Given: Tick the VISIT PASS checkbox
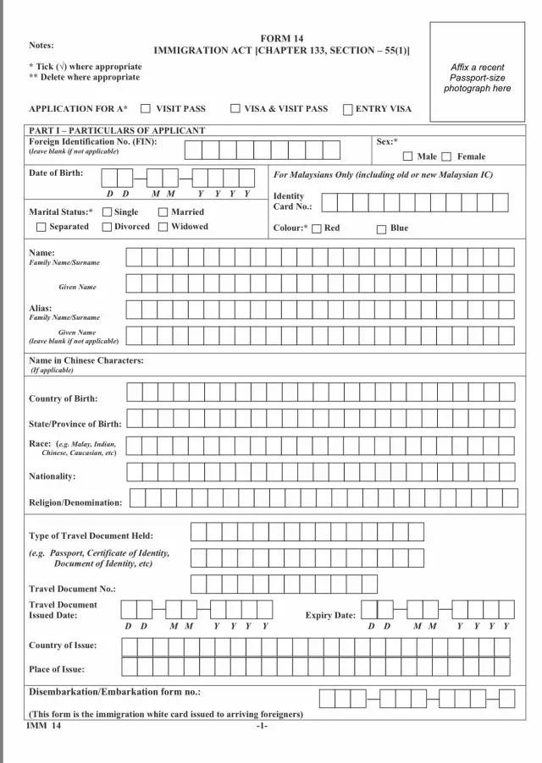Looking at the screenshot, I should point(146,109).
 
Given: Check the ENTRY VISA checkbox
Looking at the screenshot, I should point(348,109).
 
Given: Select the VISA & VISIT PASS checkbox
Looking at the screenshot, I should point(235,109).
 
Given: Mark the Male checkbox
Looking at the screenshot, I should point(407,156).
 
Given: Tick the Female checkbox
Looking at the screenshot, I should point(446,156).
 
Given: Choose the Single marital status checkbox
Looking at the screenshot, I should point(107,212).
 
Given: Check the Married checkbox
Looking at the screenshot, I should point(163,212).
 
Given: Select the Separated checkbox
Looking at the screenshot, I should point(41,227).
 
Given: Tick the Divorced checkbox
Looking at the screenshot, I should point(107,227).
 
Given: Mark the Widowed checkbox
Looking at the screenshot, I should point(163,227).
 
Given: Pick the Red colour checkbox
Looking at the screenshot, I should point(317,228).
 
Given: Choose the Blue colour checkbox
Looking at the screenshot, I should point(381,228).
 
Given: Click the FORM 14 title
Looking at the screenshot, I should point(281,39).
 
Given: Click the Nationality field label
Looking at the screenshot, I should point(53,476).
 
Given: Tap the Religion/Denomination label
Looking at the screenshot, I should point(75,502).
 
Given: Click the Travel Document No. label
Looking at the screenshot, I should point(72,589).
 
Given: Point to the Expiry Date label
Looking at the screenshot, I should point(330,616).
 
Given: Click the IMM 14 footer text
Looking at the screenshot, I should point(44,726).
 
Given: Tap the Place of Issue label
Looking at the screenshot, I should point(57,669).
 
